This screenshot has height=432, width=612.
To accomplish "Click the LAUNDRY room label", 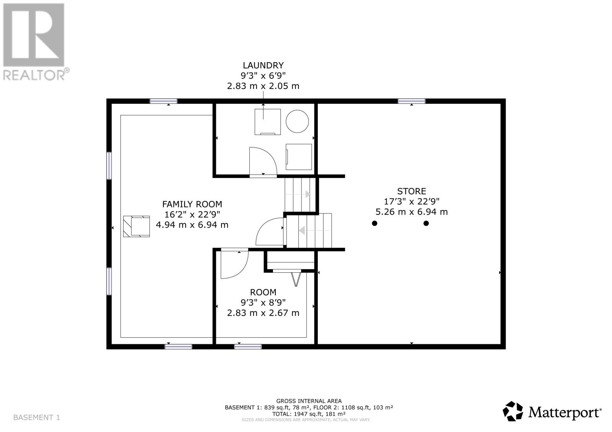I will pyautogui.click(x=263, y=65).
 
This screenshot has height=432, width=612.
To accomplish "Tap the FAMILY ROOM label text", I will pyautogui.click(x=192, y=204).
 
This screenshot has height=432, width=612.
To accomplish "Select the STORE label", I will pyautogui.click(x=412, y=191).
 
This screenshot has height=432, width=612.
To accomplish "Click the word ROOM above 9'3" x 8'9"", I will pyautogui.click(x=263, y=292).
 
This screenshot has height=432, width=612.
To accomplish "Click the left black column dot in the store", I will pyautogui.click(x=374, y=223).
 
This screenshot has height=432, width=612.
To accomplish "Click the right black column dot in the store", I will pyautogui.click(x=426, y=223).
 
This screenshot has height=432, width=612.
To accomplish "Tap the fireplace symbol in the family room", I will pyautogui.click(x=137, y=226).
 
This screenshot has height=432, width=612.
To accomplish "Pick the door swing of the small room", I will pyautogui.click(x=234, y=264).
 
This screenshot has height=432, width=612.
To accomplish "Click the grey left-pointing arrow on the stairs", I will pyautogui.click(x=302, y=231).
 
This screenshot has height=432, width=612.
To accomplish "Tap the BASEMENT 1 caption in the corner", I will pyautogui.click(x=37, y=417).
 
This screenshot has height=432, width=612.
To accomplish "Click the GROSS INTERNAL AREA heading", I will pyautogui.click(x=309, y=401).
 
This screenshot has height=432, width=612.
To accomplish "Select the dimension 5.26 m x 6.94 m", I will pyautogui.click(x=412, y=212).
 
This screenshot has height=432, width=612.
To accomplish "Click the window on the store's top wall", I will pyautogui.click(x=412, y=101).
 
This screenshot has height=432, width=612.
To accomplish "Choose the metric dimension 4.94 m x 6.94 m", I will pyautogui.click(x=192, y=225).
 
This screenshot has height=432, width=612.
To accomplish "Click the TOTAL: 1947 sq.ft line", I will pyautogui.click(x=309, y=414).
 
